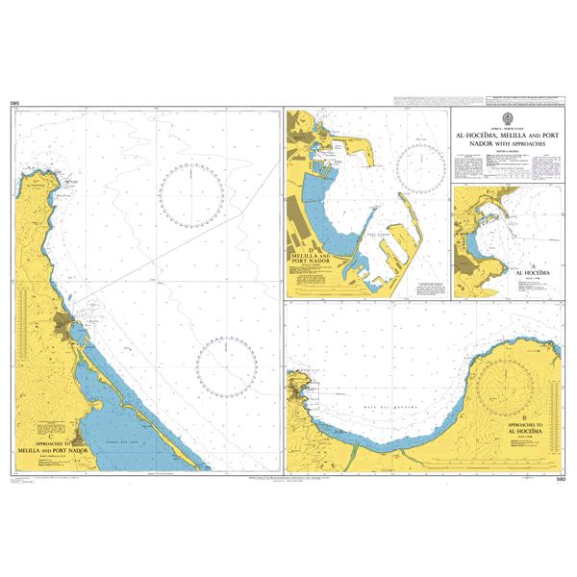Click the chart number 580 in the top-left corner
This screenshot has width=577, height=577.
pos(14,101)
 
